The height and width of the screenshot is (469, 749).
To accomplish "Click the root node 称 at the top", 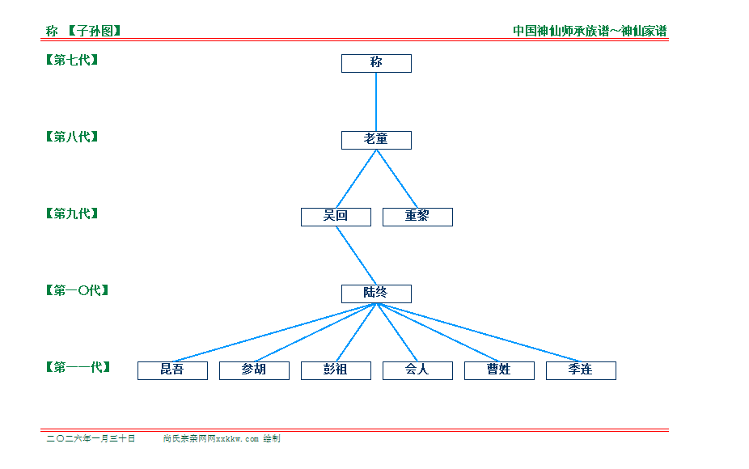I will coord(376,63).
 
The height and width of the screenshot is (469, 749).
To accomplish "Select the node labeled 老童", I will coord(376,140).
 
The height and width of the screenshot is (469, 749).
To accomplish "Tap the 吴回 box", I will coord(336,217).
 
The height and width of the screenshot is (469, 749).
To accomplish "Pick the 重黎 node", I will coord(417,217).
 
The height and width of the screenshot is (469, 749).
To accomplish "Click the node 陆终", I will coord(376,294).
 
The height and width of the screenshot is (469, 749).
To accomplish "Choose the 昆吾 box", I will coord(172,370).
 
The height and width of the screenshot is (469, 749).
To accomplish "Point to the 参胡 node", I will coord(254,370).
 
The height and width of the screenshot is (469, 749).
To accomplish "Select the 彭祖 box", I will coord(336,370).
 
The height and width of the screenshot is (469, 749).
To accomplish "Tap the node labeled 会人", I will coord(417,370).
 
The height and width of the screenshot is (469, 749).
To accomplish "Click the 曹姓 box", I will coord(499,370).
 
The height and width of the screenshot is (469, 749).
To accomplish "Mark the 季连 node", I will coord(581,370).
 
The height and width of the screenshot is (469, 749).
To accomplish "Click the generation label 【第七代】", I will coord(72,60).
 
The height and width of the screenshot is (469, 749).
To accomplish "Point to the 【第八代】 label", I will coord(72,137).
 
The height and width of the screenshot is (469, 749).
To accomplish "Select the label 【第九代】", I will coord(72,213).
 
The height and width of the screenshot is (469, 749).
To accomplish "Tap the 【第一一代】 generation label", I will coord(78,367).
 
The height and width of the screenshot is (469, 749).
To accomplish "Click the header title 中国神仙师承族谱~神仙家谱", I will coord(590,31).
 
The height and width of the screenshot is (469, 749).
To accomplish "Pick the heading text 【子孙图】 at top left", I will coord(94,31).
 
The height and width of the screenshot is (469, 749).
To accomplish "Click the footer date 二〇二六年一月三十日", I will coord(91,439).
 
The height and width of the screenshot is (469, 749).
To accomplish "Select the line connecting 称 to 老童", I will coord(376,102).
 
